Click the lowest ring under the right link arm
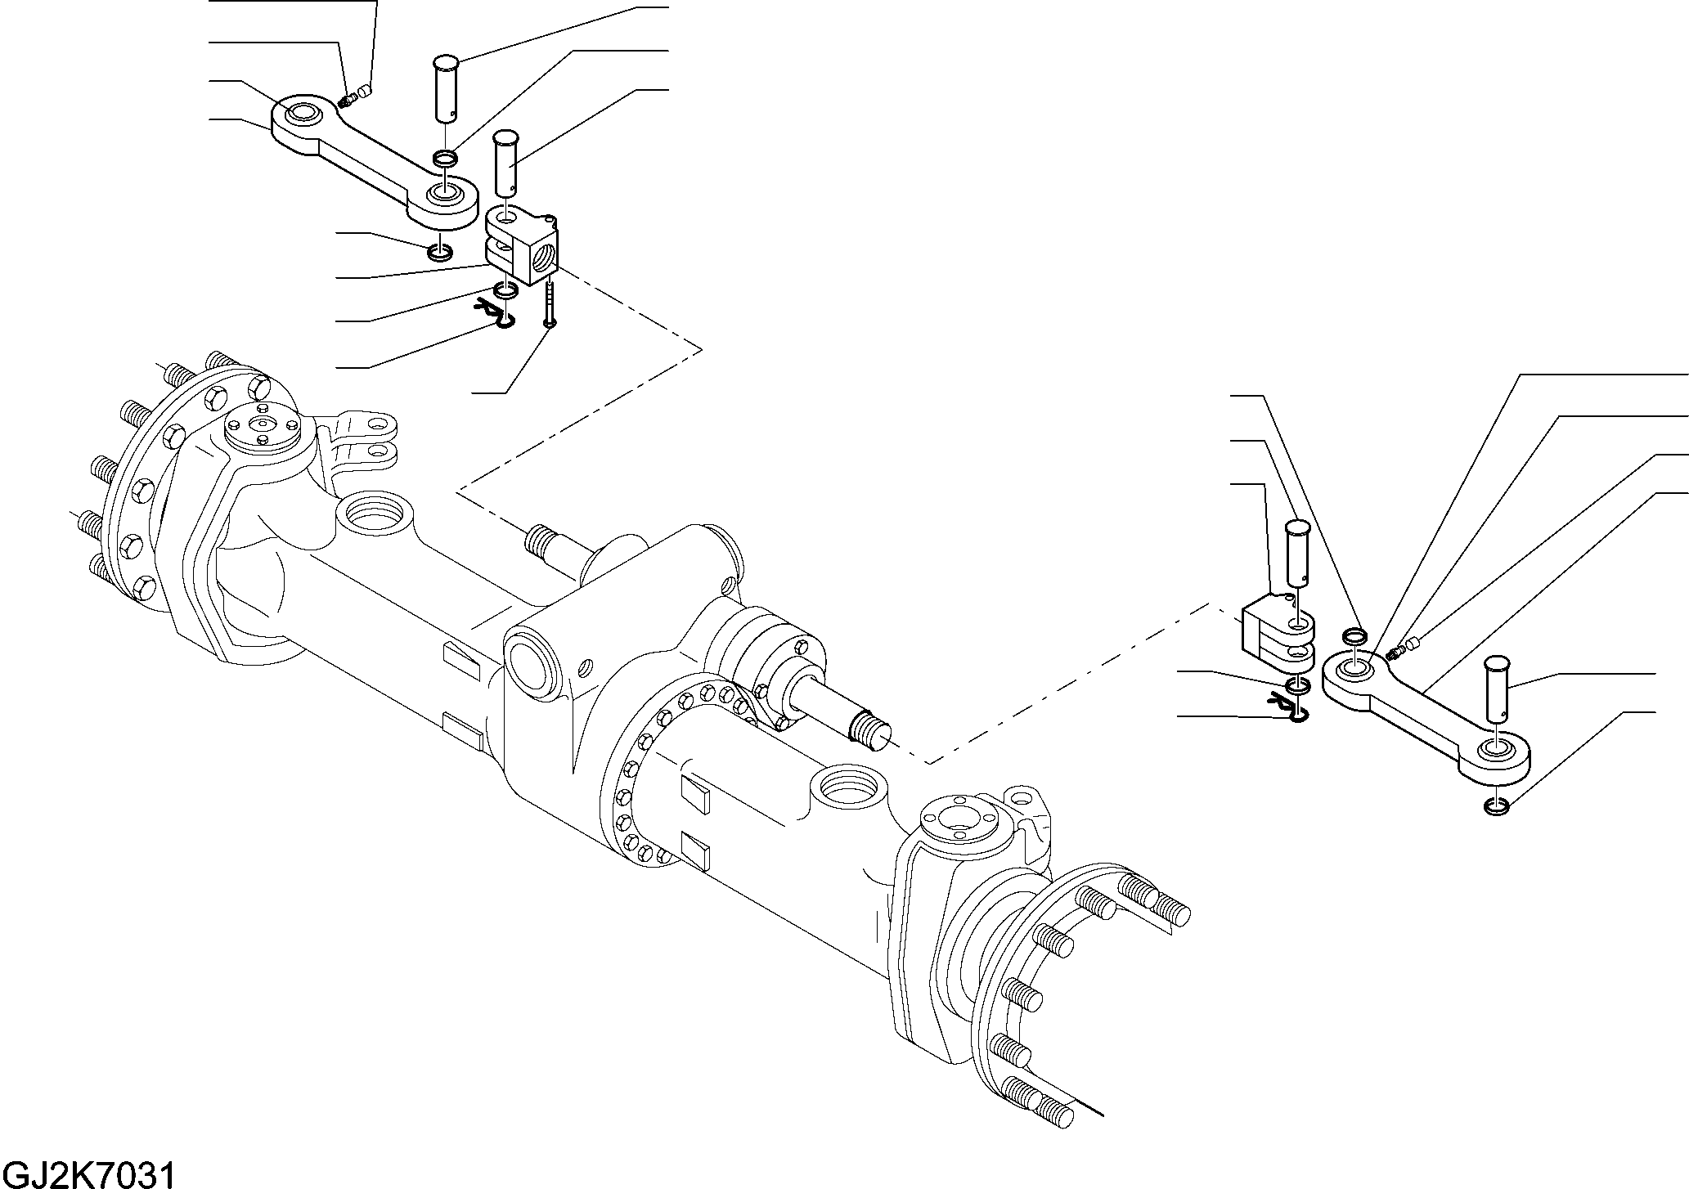click(1496, 807)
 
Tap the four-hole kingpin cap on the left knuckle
click(264, 428)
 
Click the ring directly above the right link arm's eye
click(1355, 635)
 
